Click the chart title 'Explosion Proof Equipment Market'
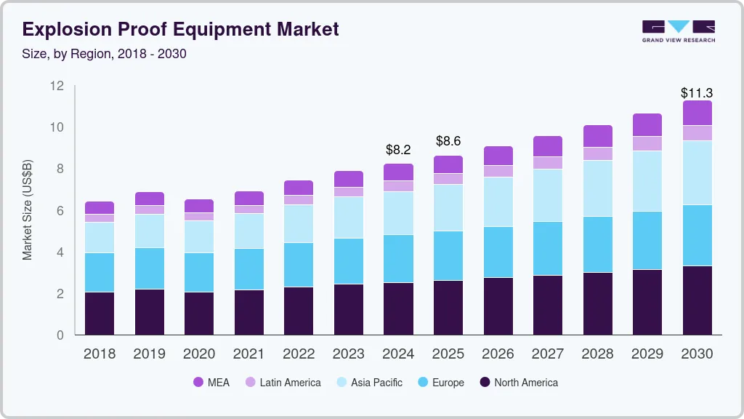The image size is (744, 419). [x=181, y=30]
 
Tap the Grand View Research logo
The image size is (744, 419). [x=678, y=31]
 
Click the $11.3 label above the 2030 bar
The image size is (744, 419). [x=696, y=93]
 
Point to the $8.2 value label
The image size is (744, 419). [x=398, y=150]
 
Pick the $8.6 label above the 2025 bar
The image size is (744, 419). [x=448, y=141]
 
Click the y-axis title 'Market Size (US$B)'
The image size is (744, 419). [x=28, y=210]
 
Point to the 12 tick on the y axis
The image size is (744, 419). [x=57, y=86]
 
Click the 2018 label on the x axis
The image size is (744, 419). [x=100, y=354]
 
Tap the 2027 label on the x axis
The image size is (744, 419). [x=547, y=354]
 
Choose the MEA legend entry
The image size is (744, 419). [x=211, y=383]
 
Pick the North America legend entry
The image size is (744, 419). [x=517, y=383]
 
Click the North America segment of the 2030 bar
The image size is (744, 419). [x=697, y=300]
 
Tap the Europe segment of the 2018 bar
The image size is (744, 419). [x=100, y=272]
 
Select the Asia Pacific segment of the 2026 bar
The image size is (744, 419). [x=498, y=201]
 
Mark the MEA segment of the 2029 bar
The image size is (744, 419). [x=647, y=124]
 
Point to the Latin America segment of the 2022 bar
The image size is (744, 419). [x=299, y=200]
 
